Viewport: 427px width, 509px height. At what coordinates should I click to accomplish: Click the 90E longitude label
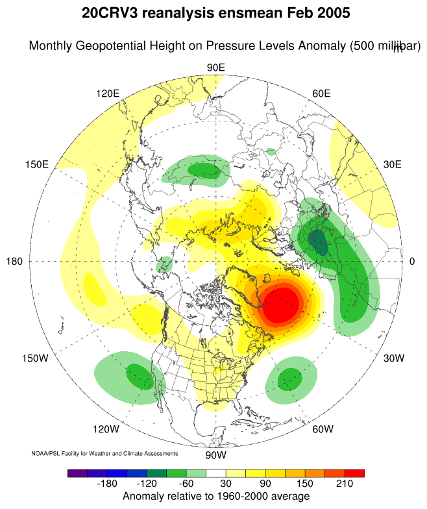pos(215,68)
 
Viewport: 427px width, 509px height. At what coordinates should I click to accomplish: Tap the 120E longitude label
pos(108,93)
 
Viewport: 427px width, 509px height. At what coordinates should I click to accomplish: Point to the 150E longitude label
pos(37,164)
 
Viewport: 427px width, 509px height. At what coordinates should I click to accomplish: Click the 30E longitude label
pos(393,164)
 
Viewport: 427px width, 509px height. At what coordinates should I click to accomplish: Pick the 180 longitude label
pos(14,261)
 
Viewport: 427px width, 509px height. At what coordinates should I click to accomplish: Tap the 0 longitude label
pos(412,261)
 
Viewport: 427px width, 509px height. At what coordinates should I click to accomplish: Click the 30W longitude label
pos(393,358)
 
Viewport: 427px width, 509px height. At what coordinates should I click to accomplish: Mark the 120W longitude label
pos(106,429)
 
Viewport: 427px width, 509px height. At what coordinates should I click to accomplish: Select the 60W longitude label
pos(323,429)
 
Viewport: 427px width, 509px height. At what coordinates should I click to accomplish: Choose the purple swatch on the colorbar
pos(77,473)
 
